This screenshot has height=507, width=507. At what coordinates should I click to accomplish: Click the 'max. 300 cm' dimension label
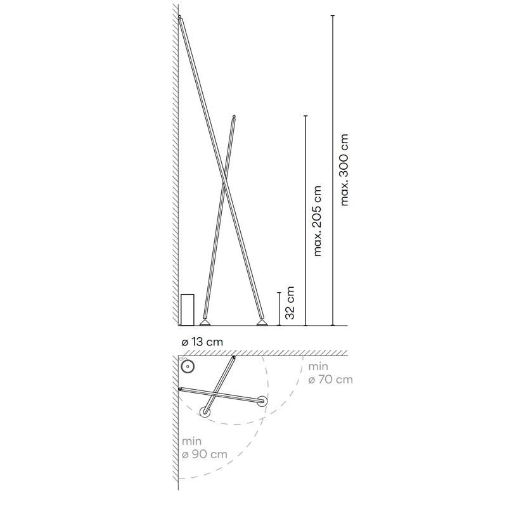(345, 170)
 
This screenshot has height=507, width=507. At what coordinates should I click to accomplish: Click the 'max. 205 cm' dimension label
(318, 221)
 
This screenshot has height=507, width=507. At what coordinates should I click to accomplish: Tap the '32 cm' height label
(290, 303)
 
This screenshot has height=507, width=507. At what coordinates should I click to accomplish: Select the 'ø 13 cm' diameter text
(202, 342)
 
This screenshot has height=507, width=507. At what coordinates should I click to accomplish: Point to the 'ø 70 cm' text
(330, 379)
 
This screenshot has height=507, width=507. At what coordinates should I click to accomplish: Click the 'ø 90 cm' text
(204, 454)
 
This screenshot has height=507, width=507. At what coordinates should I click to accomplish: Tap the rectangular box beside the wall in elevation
(187, 310)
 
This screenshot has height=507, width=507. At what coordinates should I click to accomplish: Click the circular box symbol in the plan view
(188, 367)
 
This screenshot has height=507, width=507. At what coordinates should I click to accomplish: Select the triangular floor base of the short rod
(205, 323)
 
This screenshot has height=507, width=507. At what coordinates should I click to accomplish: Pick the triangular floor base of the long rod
(262, 323)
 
